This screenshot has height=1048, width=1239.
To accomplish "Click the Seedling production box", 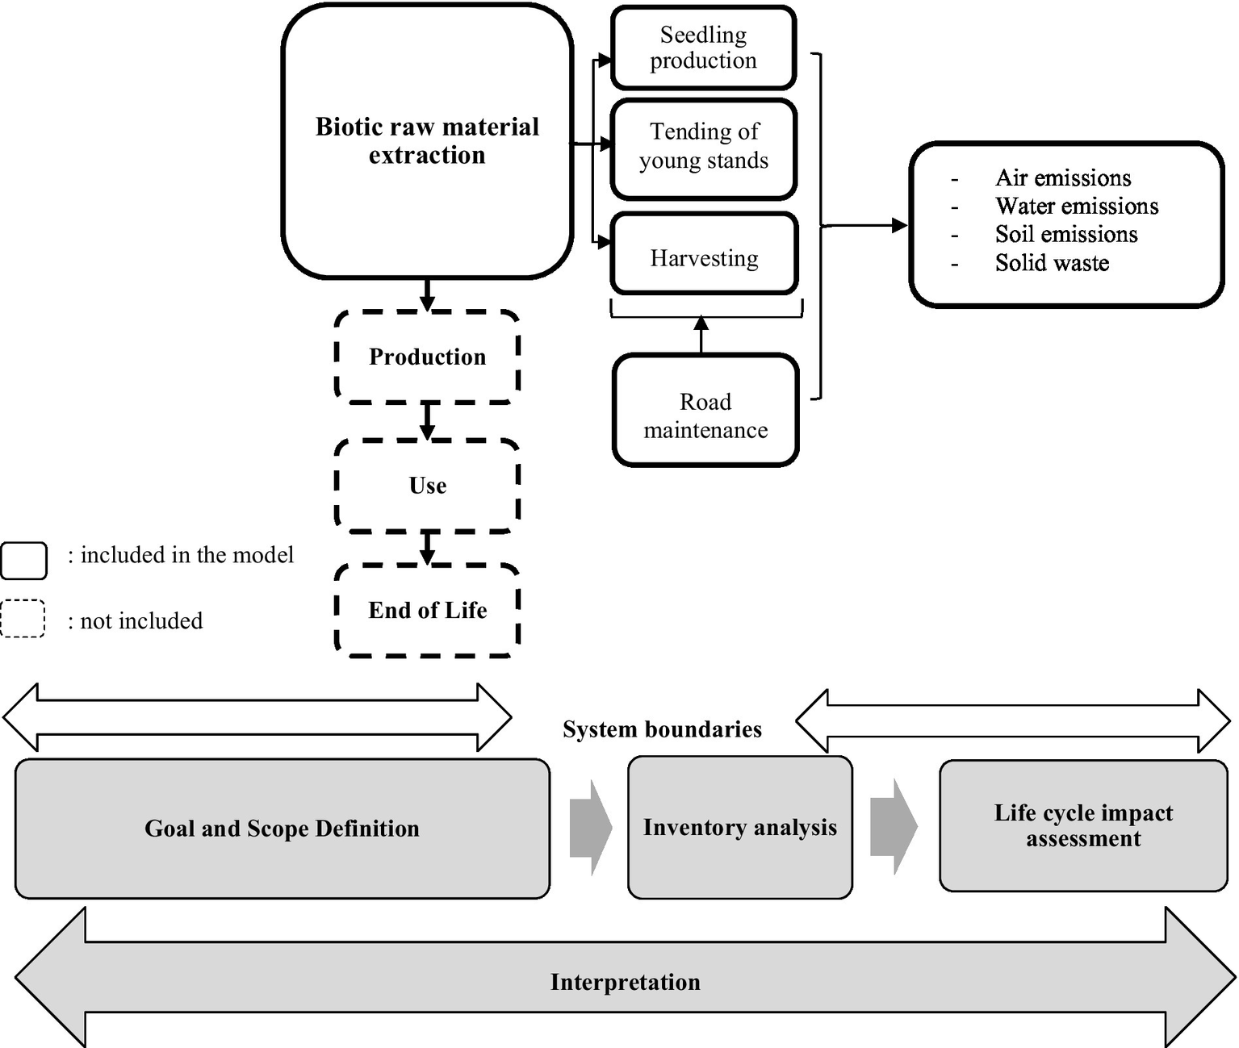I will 703,48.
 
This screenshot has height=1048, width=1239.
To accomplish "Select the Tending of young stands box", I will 703,147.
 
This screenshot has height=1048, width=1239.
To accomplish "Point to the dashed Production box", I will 427,357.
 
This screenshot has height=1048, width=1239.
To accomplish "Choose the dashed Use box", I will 427,485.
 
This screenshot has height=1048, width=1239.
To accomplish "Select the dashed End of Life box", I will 427,610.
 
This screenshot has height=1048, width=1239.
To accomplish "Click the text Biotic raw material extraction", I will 427,140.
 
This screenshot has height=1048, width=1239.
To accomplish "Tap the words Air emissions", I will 1062,177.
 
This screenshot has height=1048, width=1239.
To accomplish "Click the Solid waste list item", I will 1051,262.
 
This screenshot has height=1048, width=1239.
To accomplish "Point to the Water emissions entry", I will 1076,206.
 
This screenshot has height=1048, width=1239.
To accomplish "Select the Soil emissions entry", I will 1065,234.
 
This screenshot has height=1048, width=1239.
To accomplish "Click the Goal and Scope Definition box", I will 282,829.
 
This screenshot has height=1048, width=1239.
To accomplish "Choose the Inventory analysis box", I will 739,827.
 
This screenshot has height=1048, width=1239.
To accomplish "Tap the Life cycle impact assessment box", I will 1083,825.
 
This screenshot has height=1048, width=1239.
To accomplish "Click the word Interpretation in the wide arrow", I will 625,982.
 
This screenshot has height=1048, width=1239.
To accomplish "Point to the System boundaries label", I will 662,729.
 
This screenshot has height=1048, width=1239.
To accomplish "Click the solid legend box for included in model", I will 24,560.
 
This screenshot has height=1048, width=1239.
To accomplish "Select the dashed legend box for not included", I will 23,620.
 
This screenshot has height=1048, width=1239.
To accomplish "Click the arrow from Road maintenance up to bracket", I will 701,334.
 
